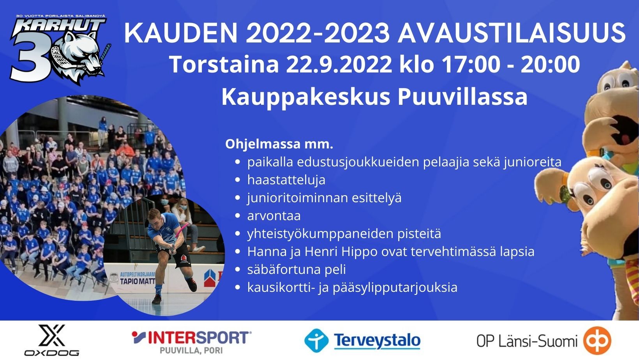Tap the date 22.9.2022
tap(339, 64)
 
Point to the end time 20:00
tap(550, 64)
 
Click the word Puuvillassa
tap(462, 97)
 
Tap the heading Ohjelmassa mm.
tap(279, 144)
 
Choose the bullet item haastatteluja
tap(286, 180)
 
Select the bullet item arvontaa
tap(274, 216)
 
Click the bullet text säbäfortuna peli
tap(297, 269)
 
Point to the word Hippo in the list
tap(360, 252)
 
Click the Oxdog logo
tap(52, 340)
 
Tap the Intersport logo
tap(191, 342)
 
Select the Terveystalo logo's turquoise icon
tap(316, 340)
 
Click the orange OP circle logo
tap(597, 341)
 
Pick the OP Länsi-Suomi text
tap(527, 341)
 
